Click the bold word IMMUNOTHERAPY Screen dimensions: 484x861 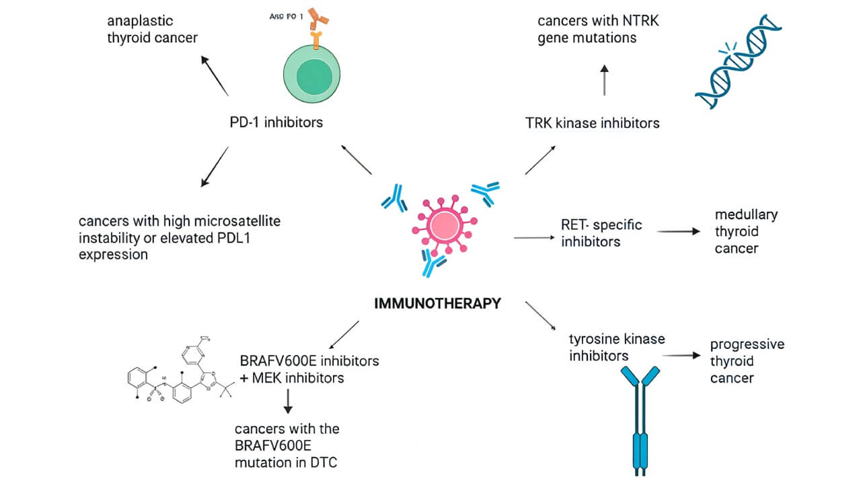coord(437,303)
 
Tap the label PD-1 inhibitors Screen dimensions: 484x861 coord(276,122)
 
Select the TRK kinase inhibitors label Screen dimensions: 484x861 coord(592,123)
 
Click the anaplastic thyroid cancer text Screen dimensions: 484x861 coord(153,29)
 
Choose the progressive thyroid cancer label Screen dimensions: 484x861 coord(747,361)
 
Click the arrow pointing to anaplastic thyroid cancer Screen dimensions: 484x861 coord(215,76)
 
